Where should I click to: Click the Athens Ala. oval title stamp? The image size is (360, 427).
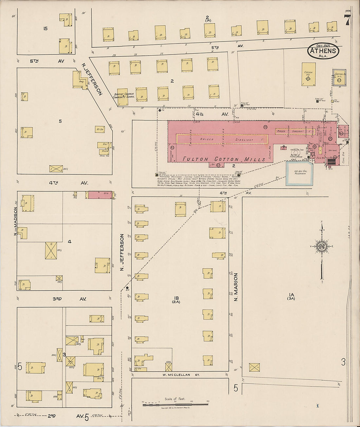[x=323, y=51]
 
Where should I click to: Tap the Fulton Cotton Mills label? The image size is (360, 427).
[x=224, y=159]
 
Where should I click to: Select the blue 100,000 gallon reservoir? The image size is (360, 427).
[x=299, y=173]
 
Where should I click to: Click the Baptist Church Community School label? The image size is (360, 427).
[x=123, y=96]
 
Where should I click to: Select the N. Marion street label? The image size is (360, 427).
[x=235, y=287]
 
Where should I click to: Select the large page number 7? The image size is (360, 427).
[x=347, y=21]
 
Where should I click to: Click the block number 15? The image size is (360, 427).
[x=45, y=29]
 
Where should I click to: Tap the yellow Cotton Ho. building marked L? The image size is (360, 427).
[x=308, y=75]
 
